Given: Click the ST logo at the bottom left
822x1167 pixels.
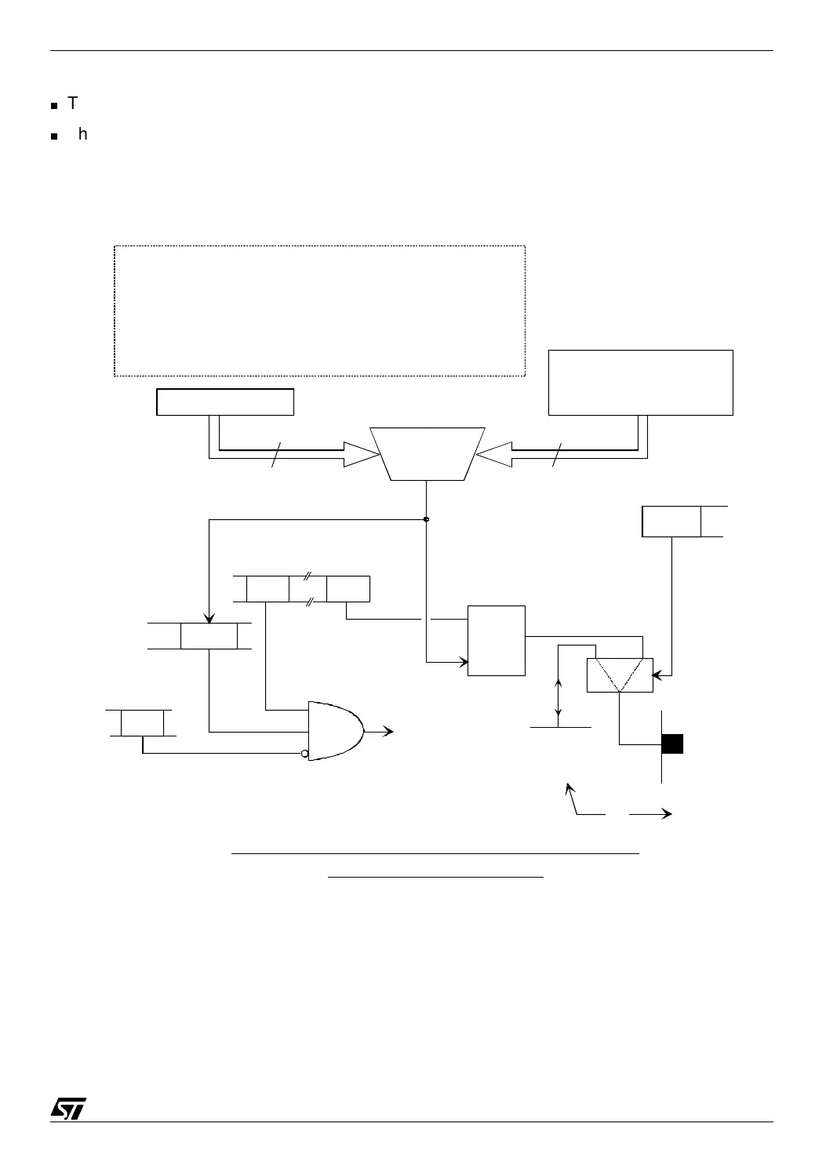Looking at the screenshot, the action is click(x=68, y=1107).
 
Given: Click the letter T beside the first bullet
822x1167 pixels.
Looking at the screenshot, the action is click(x=73, y=104).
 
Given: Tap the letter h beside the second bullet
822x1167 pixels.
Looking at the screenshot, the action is click(x=83, y=135).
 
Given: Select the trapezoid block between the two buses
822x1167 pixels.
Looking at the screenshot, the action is click(x=427, y=454).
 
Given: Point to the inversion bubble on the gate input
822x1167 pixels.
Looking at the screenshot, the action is click(x=306, y=754).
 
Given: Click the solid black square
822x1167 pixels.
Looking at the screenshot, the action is click(x=673, y=743).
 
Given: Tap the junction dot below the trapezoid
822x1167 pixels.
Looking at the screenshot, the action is click(x=426, y=519).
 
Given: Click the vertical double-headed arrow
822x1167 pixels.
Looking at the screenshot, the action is click(x=558, y=698).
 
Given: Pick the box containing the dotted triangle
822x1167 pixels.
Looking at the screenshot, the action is click(x=620, y=675).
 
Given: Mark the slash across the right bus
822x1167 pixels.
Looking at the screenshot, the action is click(x=558, y=454).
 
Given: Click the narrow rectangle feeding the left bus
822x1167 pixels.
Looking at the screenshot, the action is click(x=225, y=402).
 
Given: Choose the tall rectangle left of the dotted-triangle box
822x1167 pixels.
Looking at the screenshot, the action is click(x=496, y=641).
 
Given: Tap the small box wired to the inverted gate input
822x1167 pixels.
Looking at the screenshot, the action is click(x=142, y=722).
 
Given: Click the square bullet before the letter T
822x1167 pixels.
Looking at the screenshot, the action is click(x=54, y=105).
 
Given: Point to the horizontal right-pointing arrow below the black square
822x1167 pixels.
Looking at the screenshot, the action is click(x=650, y=814).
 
